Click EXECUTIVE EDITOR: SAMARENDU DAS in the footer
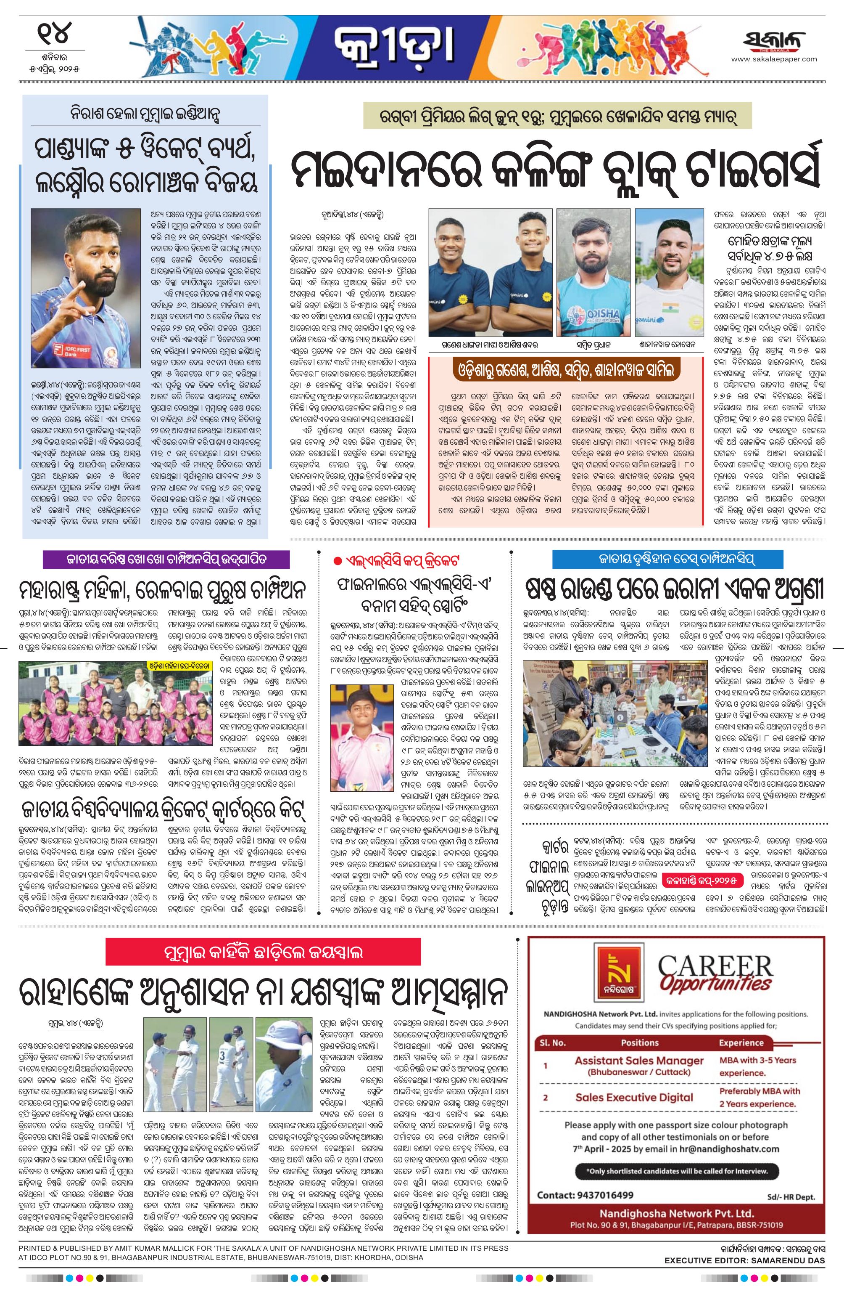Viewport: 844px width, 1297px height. pos(744,1241)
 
